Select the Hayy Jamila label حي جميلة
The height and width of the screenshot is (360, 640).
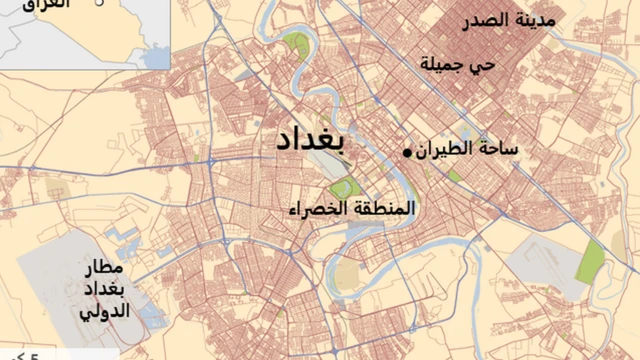coord(459,65)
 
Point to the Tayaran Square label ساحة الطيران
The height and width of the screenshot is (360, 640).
coord(466,149)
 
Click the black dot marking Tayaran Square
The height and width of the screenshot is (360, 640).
coord(407,152)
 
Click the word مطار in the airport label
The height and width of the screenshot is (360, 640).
coord(104,269)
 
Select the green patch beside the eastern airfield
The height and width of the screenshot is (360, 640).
coord(593,261)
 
